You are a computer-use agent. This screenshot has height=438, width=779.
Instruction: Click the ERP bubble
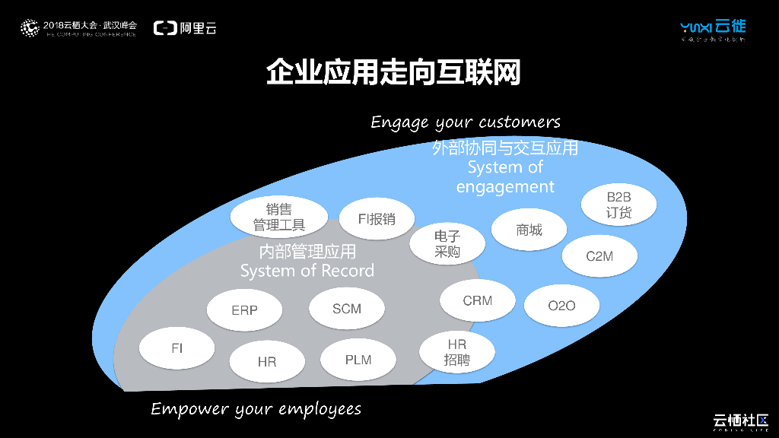click(244, 310)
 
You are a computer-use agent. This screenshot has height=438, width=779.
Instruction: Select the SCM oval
click(347, 309)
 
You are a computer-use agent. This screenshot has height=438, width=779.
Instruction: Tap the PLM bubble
click(358, 360)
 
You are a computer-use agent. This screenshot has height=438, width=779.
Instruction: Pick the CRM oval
click(477, 301)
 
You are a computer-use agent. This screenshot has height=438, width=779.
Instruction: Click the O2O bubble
click(561, 306)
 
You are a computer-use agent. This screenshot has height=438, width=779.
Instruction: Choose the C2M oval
click(599, 256)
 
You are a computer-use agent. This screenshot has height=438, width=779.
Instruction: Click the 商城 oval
click(529, 230)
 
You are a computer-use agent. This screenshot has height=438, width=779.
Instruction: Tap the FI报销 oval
click(377, 219)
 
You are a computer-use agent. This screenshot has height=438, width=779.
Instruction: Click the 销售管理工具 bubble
click(278, 217)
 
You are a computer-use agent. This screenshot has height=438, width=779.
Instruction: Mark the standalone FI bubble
click(176, 348)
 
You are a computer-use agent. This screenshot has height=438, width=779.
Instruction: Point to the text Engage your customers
click(466, 122)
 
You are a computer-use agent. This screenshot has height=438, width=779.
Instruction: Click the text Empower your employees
click(256, 409)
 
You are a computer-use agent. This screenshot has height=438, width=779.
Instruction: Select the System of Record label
click(307, 271)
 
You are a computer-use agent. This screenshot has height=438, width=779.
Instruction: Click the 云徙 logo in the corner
click(713, 29)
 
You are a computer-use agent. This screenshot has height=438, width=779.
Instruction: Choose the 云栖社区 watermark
click(740, 421)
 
